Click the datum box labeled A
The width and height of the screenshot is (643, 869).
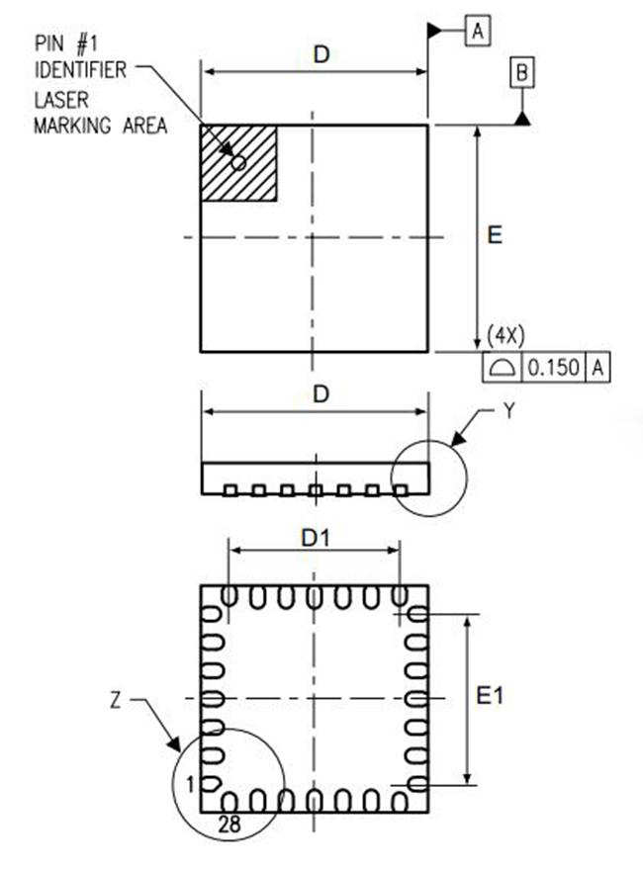pyautogui.click(x=478, y=31)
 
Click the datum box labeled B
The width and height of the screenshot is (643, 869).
pyautogui.click(x=522, y=73)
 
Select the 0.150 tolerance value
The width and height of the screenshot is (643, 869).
pyautogui.click(x=554, y=368)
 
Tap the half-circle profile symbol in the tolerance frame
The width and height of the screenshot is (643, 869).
pyautogui.click(x=503, y=368)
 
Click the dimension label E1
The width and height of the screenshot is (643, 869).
pyautogui.click(x=490, y=696)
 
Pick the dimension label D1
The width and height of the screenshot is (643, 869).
pyautogui.click(x=316, y=538)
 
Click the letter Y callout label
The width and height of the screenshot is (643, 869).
pyautogui.click(x=509, y=410)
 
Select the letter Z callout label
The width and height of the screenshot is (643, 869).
pyautogui.click(x=116, y=701)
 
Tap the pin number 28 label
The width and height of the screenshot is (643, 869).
pyautogui.click(x=230, y=825)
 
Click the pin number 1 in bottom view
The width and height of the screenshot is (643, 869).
pyautogui.click(x=191, y=785)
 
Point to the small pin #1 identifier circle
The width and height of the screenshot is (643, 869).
pyautogui.click(x=239, y=163)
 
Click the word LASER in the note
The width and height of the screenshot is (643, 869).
pyautogui.click(x=61, y=100)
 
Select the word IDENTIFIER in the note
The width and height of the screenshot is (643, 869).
pyautogui.click(x=80, y=70)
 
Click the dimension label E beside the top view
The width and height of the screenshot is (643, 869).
pyautogui.click(x=495, y=235)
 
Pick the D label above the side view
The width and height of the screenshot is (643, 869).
pyautogui.click(x=321, y=394)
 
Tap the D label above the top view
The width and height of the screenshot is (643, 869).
pyautogui.click(x=321, y=54)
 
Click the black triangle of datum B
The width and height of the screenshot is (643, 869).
pyautogui.click(x=522, y=118)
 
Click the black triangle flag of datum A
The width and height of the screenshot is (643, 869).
pyautogui.click(x=434, y=31)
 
